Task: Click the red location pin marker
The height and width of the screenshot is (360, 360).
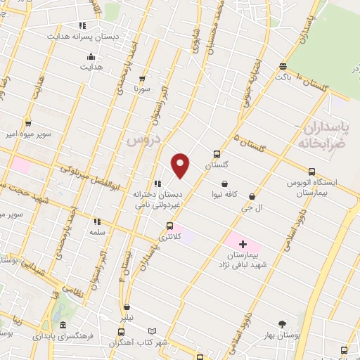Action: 181,165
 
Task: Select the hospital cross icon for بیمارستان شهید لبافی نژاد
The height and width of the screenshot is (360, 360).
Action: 243,243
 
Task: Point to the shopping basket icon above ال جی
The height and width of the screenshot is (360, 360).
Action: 252,198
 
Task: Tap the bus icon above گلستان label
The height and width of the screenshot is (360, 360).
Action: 217,154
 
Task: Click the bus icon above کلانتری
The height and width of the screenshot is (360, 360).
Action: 169,226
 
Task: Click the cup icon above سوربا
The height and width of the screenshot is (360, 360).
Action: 143,79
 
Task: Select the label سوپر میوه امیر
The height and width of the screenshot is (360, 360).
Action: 27,132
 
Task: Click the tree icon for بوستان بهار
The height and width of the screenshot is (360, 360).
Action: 282,324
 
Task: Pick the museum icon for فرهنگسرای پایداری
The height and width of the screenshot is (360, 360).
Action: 63,326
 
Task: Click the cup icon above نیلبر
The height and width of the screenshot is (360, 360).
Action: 127,307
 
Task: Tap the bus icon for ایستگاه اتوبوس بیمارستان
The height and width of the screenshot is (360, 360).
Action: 312,171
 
